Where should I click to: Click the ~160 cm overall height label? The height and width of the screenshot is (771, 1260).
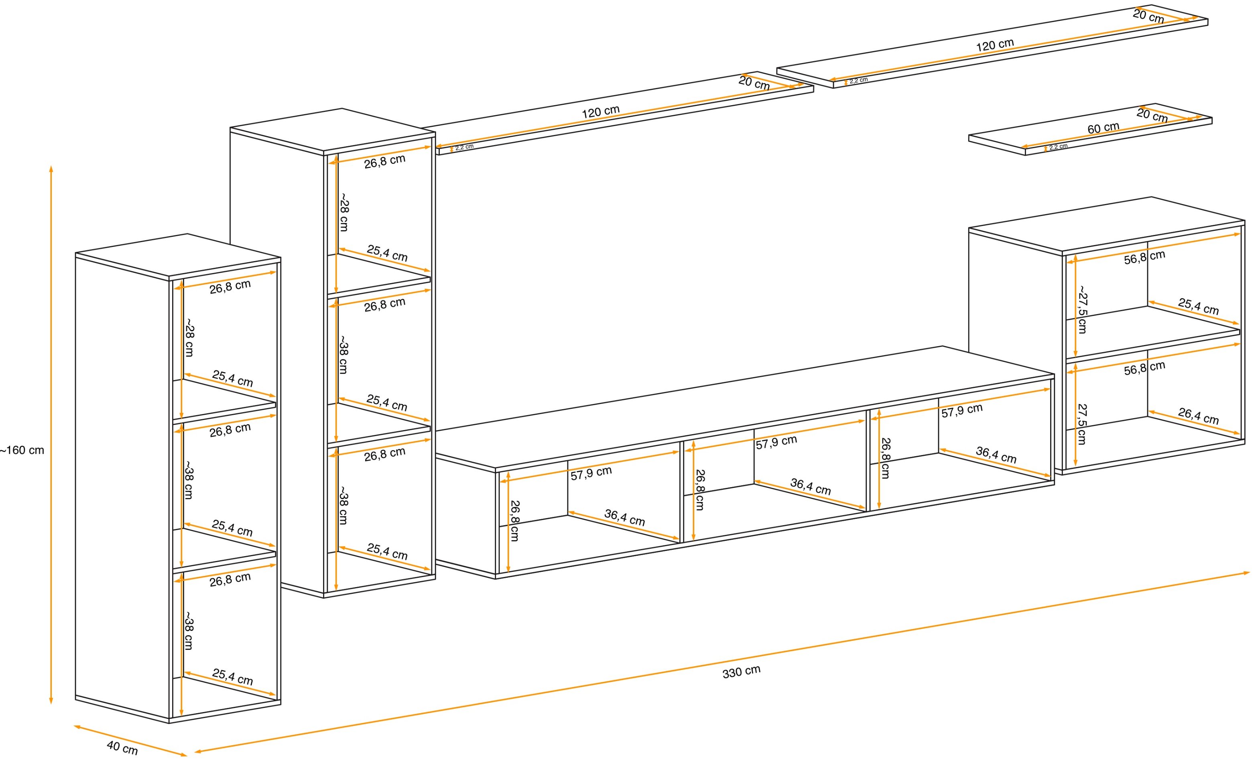pyautogui.click(x=22, y=450)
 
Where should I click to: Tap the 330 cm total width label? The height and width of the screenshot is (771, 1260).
pyautogui.click(x=742, y=672)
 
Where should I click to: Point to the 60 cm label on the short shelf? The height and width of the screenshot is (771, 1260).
pyautogui.click(x=1103, y=128)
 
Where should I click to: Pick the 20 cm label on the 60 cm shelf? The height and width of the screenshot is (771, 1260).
pyautogui.click(x=1152, y=115)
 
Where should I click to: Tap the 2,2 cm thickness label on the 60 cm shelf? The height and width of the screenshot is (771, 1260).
pyautogui.click(x=1058, y=147)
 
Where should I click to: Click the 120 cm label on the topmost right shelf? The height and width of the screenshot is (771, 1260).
pyautogui.click(x=995, y=45)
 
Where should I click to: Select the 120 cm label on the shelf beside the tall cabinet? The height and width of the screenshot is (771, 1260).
pyautogui.click(x=600, y=112)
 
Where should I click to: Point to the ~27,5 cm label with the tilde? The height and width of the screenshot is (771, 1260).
pyautogui.click(x=1083, y=310)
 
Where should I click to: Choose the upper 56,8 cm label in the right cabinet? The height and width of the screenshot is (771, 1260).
pyautogui.click(x=1144, y=257)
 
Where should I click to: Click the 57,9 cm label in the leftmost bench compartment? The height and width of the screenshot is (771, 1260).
pyautogui.click(x=591, y=473)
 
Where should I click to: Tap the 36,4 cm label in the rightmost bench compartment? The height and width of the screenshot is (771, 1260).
pyautogui.click(x=996, y=454)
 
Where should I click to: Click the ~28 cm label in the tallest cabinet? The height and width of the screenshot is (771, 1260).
pyautogui.click(x=344, y=212)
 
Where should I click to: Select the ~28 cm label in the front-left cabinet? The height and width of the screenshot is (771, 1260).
pyautogui.click(x=189, y=338)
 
